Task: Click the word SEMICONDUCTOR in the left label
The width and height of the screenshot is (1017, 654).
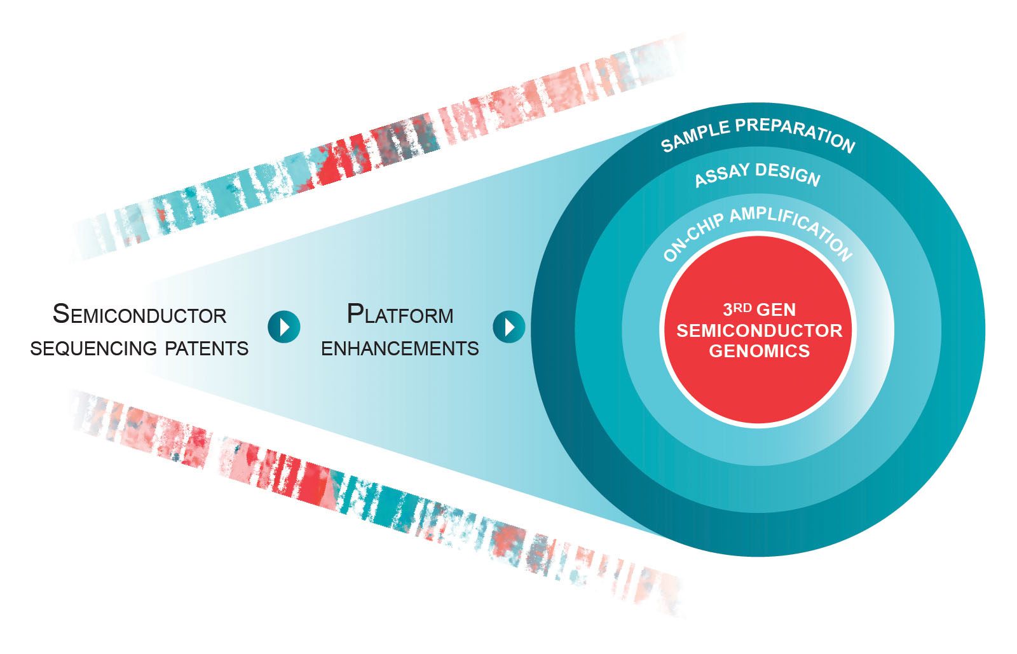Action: (x=140, y=315)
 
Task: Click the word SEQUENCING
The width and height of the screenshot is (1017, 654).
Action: (x=93, y=349)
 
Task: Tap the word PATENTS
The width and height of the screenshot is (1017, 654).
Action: (x=207, y=349)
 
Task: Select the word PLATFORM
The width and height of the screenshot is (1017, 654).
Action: (x=400, y=315)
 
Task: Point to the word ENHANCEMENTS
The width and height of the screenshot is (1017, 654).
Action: (x=400, y=349)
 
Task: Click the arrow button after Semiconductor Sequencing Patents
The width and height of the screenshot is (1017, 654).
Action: (x=283, y=327)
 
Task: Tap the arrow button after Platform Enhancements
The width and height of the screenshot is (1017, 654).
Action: (x=508, y=327)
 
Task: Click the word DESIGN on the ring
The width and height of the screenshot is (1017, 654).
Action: (x=788, y=173)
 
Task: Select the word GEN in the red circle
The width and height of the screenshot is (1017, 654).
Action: (x=777, y=310)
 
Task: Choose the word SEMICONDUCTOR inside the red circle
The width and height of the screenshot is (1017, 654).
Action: (x=760, y=330)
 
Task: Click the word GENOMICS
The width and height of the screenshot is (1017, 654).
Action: (x=760, y=351)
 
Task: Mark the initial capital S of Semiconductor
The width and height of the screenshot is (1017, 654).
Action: (x=61, y=313)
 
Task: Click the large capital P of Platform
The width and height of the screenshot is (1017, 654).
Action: (x=355, y=313)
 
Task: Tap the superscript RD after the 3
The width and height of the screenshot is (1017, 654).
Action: (x=743, y=308)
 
